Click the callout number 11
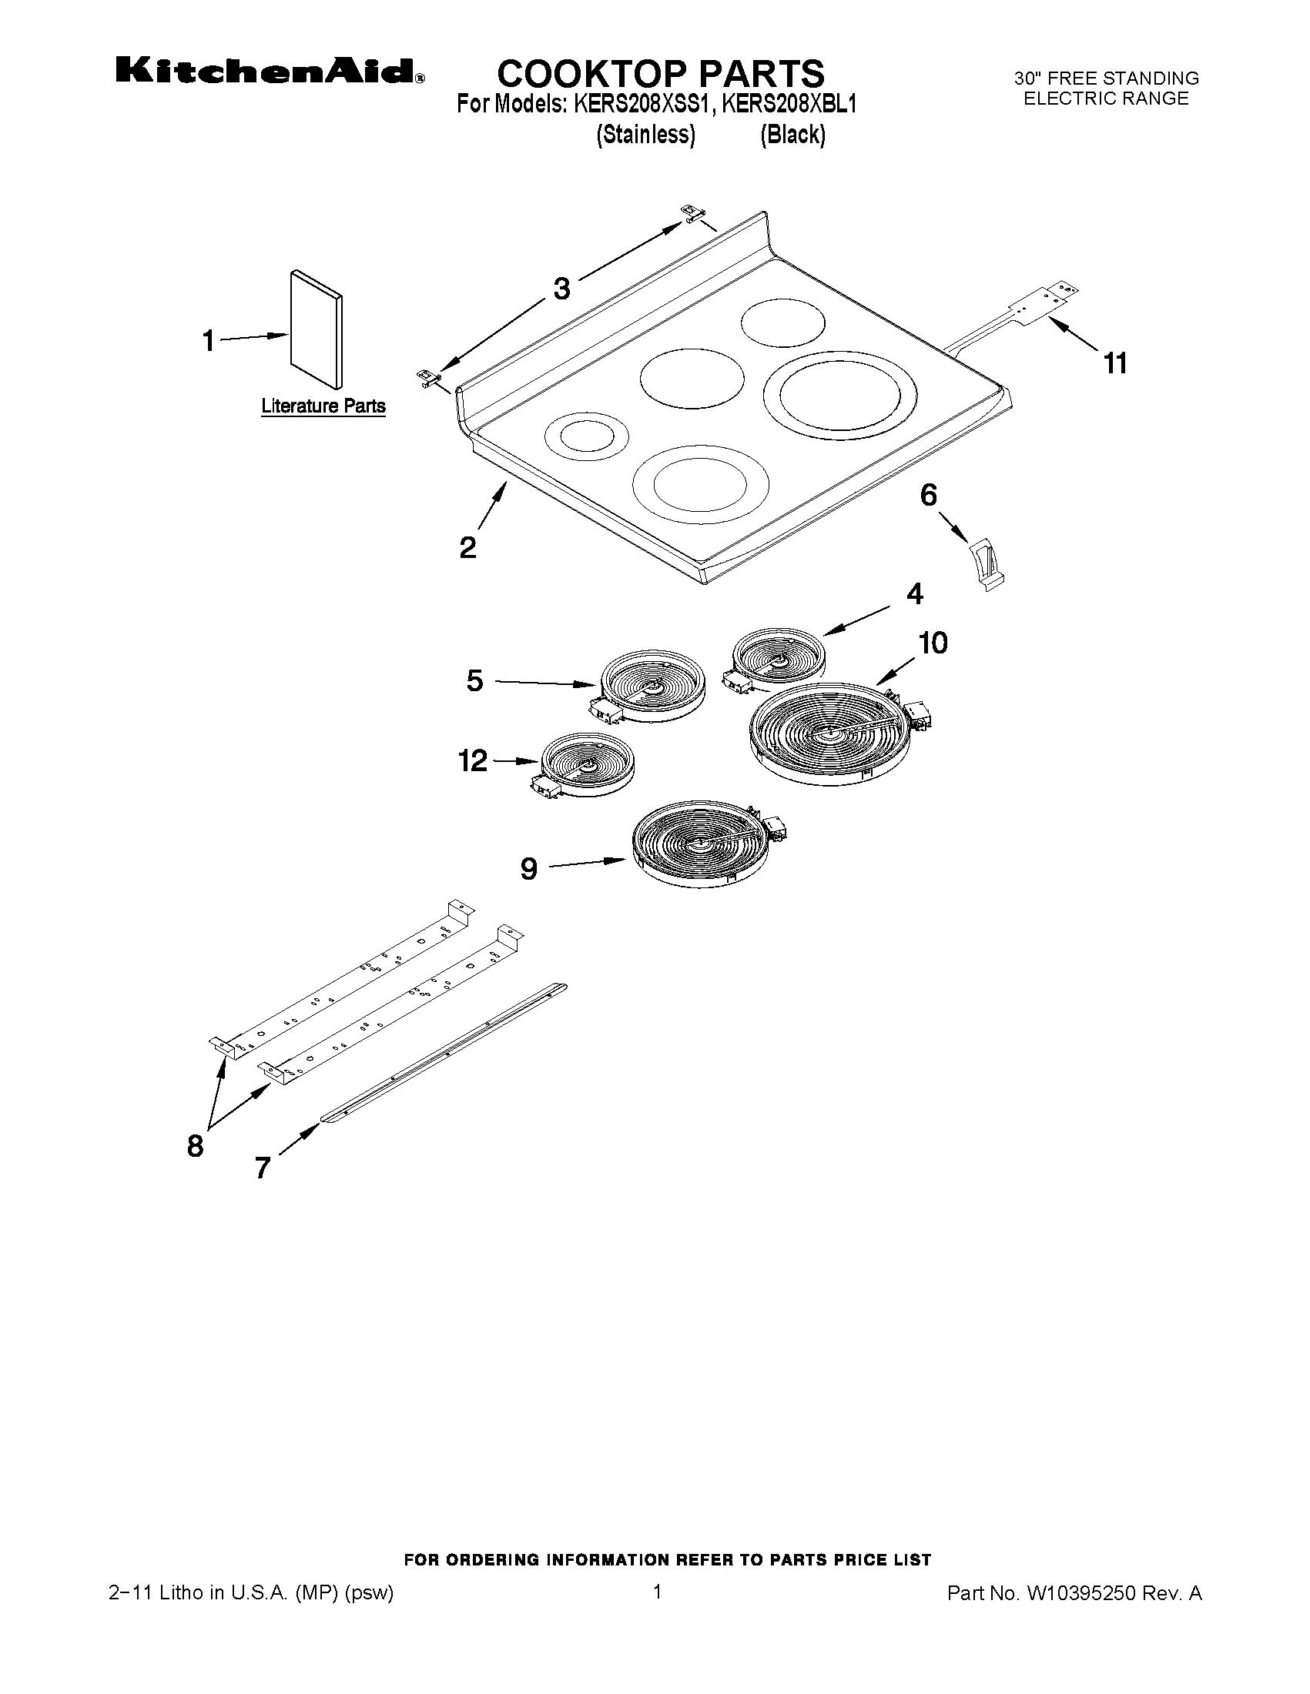click(1115, 363)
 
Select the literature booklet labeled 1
click(316, 329)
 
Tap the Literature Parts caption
click(323, 406)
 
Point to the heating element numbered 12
click(587, 766)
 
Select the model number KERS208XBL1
click(789, 104)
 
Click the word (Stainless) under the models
click(645, 134)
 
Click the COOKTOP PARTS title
click(661, 73)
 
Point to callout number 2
click(468, 547)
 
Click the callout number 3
click(561, 289)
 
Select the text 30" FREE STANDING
click(1106, 79)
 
